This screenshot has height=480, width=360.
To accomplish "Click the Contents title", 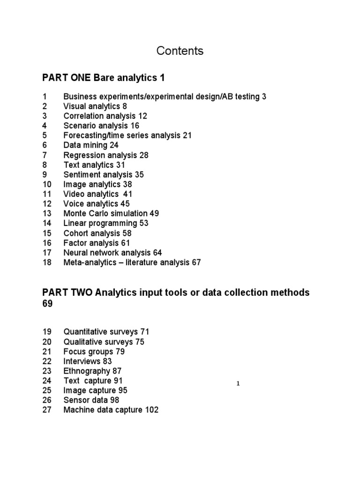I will click(180, 51).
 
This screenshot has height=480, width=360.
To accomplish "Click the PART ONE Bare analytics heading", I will click(104, 77).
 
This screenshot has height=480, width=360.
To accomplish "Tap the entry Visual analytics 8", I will click(95, 106).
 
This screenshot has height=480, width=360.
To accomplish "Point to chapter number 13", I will click(46, 213).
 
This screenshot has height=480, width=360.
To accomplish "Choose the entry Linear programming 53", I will click(106, 223).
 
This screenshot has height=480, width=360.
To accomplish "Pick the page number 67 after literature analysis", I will click(196, 262).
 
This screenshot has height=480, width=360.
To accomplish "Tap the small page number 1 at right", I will click(238, 384).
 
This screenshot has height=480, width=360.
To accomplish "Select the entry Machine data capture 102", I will click(111, 410).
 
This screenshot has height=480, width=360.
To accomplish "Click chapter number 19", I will click(46, 332).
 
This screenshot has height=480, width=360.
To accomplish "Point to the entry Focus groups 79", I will click(94, 352).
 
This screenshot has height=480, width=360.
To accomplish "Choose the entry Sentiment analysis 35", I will click(104, 174).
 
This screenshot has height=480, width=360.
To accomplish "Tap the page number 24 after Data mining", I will click(114, 145).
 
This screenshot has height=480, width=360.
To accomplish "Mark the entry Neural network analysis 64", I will click(112, 253).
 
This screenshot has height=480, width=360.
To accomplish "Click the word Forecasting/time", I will click(92, 135).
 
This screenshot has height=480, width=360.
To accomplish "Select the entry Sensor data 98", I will click(91, 400).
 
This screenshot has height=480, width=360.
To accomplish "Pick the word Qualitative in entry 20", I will click(81, 342).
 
